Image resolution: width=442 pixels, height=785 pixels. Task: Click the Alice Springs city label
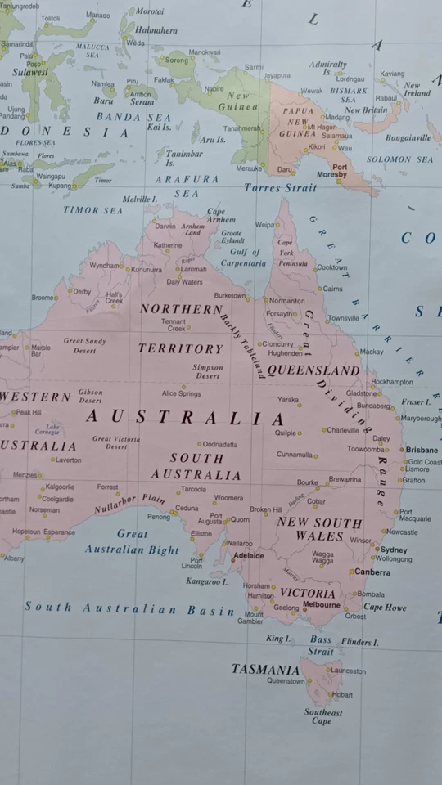click(181, 393)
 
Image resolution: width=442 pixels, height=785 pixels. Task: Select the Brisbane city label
click(422, 450)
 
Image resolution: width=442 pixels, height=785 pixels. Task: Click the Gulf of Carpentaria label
click(243, 258)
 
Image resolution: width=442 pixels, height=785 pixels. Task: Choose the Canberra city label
click(372, 572)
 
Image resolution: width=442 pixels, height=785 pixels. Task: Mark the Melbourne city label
click(321, 605)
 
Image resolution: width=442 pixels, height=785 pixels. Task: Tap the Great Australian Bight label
click(132, 542)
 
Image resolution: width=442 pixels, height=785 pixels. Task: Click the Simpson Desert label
click(207, 372)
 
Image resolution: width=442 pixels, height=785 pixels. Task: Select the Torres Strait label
click(280, 187)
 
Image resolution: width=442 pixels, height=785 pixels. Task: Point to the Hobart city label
click(342, 695)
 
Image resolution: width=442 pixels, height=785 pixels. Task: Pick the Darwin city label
click(165, 226)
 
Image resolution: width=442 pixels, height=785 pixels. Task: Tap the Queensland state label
click(313, 370)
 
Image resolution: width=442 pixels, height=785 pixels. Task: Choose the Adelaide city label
click(249, 556)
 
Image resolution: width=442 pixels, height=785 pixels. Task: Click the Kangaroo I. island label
click(206, 581)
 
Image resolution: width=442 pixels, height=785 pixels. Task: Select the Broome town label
click(43, 298)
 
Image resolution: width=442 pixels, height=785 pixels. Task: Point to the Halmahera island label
click(156, 30)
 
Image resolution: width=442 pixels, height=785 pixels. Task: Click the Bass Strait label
click(321, 645)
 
